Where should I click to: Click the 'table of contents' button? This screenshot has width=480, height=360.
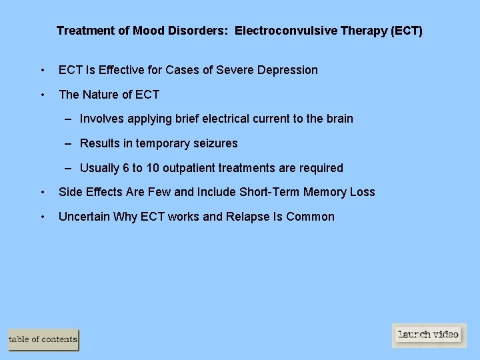click(x=43, y=339)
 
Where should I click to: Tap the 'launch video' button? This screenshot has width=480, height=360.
click(x=429, y=335)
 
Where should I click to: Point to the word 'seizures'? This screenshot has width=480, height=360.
click(x=215, y=143)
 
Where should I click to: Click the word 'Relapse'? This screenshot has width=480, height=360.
click(x=249, y=217)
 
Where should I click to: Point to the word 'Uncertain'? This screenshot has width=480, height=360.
click(x=84, y=217)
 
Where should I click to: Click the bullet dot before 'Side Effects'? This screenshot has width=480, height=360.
click(x=43, y=193)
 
